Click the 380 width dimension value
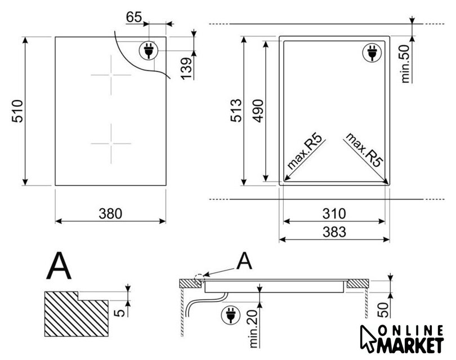(x=110, y=214)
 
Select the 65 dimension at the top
(x=134, y=17)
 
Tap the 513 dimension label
(x=236, y=110)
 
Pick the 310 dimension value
(x=334, y=214)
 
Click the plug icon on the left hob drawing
(x=149, y=51)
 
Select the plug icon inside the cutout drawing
(x=371, y=53)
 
